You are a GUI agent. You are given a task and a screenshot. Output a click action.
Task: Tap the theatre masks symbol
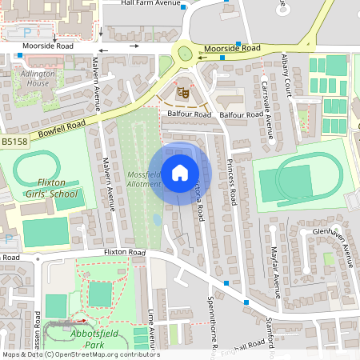182,94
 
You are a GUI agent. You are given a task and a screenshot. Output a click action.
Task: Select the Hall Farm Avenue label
151,3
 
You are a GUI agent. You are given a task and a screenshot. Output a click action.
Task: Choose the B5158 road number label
13,141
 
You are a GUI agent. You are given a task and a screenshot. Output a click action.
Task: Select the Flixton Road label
124,252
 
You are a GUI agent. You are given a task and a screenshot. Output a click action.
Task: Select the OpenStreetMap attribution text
81,354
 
